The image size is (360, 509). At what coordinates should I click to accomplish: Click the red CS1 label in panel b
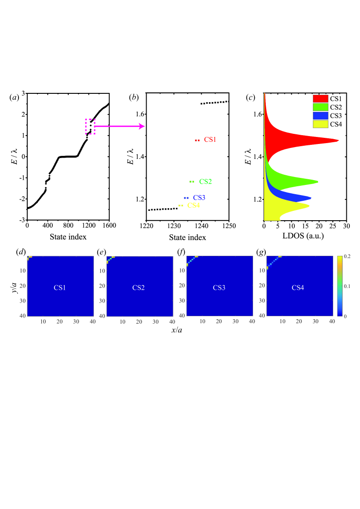[x=209, y=140]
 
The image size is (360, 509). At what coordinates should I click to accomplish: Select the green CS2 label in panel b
[x=206, y=181]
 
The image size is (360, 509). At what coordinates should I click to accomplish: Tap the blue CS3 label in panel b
[x=199, y=198]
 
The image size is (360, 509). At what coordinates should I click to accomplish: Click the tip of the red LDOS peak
[x=338, y=140]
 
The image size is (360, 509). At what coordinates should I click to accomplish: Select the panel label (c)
[x=251, y=98]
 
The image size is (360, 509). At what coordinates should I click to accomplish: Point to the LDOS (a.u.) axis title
[x=305, y=236]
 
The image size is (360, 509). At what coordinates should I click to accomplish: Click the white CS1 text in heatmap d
[x=60, y=288]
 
